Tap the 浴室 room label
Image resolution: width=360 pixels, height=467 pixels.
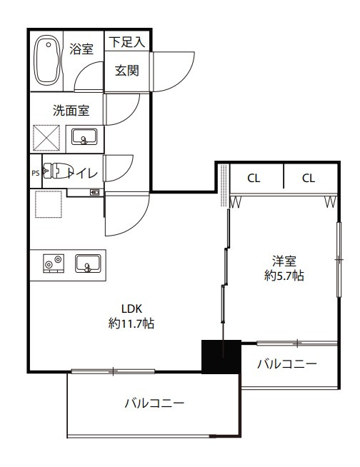click(81, 49)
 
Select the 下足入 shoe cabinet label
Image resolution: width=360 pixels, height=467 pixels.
click(127, 41)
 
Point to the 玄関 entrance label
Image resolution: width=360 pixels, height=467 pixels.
click(126, 70)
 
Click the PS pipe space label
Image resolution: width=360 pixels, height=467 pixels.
click(35, 172)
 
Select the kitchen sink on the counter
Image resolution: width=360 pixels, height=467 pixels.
click(87, 263)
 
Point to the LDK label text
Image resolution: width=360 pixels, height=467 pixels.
click(131, 309)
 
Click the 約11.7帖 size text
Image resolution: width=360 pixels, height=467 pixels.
click(131, 323)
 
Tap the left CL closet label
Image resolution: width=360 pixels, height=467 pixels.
click(254, 179)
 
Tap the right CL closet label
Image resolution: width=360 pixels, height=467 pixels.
click(308, 179)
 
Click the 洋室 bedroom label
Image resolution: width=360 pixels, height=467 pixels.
click(284, 261)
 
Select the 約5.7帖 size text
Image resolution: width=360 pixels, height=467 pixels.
click(284, 276)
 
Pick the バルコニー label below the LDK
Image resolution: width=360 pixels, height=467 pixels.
click(154, 403)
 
